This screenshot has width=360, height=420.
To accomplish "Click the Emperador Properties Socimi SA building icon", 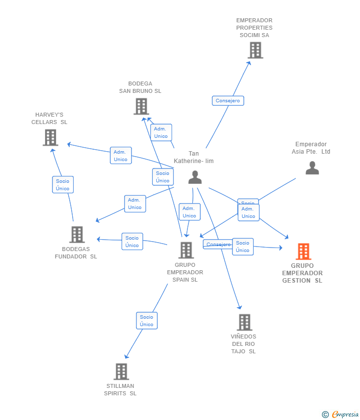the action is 255,50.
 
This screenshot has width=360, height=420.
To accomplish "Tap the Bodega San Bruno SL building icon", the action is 141,106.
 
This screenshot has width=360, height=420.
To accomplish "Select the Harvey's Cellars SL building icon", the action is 50,137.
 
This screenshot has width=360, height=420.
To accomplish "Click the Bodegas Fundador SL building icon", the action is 77,234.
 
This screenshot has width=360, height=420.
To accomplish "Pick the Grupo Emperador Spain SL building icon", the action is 186,250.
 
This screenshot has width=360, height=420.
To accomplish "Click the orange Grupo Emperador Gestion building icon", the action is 303,252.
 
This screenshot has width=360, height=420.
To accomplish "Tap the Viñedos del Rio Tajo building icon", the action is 244,322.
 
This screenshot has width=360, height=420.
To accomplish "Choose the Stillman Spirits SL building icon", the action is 121,372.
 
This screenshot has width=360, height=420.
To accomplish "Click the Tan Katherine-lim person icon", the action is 195,177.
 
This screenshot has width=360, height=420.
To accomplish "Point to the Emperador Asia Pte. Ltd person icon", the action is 312,168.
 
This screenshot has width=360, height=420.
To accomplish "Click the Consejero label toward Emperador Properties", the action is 228,101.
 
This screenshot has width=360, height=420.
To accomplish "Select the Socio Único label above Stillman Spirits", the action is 146,321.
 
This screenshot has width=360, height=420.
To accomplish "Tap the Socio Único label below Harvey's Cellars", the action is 63,185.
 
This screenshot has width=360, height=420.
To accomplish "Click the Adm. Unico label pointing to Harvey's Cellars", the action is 121,156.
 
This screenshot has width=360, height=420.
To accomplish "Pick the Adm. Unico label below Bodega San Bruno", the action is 161,132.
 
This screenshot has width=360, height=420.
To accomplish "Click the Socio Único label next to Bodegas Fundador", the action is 132,242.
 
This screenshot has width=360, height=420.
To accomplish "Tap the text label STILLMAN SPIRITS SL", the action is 120,390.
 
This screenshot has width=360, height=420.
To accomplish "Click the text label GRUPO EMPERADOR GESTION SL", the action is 302,273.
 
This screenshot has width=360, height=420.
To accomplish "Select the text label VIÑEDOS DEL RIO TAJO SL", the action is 243,344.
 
